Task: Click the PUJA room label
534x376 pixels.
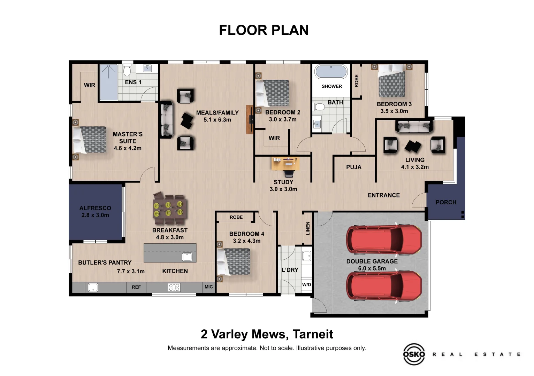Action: (x=353, y=167)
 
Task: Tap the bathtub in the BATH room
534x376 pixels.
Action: (x=331, y=71)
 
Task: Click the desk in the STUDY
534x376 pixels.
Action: (x=285, y=164)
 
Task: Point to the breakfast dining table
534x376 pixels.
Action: (x=170, y=209)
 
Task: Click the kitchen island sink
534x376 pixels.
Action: (x=187, y=257)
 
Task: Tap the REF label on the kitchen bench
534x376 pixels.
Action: (x=136, y=287)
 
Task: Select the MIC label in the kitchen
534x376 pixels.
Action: (x=208, y=287)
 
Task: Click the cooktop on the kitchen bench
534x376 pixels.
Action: (x=174, y=288)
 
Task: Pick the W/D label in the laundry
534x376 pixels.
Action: (x=307, y=284)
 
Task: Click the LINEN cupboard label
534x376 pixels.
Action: (x=308, y=228)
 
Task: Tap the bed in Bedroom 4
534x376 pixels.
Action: (x=234, y=261)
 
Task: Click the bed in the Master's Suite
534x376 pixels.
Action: (x=89, y=140)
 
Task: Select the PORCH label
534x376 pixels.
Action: (x=446, y=202)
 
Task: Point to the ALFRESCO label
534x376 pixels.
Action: (x=95, y=208)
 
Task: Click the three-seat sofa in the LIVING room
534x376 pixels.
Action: (x=414, y=126)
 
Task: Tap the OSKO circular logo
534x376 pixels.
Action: (x=414, y=354)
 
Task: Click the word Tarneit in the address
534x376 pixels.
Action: (x=313, y=334)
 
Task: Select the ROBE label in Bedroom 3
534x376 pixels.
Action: (x=356, y=81)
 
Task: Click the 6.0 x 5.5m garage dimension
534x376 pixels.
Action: (x=372, y=268)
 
